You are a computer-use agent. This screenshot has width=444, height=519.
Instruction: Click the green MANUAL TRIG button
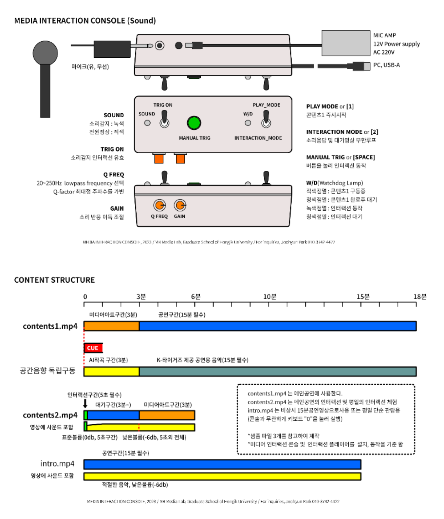(x=194, y=123)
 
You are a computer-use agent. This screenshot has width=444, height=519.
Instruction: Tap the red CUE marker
(x=93, y=348)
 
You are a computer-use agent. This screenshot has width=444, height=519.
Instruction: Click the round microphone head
(x=45, y=52)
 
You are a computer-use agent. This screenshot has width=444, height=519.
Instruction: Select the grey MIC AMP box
(x=346, y=43)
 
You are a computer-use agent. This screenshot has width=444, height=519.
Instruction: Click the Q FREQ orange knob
(x=159, y=205)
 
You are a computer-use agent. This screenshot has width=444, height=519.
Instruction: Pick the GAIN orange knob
(x=180, y=205)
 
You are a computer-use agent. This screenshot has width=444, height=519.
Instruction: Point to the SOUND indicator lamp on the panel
(x=147, y=123)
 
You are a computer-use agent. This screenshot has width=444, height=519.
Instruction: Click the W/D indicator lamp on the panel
(x=248, y=123)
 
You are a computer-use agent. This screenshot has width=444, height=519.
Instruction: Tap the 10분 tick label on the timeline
(x=270, y=297)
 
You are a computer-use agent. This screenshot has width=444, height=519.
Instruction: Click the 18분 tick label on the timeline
(x=420, y=297)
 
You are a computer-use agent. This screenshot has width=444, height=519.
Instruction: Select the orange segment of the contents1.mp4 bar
(x=111, y=326)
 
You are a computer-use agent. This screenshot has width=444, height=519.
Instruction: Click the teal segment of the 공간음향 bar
(x=278, y=372)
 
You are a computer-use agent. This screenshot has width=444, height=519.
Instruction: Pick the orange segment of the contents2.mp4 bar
(x=167, y=415)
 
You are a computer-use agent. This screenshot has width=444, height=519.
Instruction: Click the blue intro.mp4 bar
(x=222, y=464)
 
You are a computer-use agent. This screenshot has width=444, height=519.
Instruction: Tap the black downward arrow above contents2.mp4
(x=85, y=403)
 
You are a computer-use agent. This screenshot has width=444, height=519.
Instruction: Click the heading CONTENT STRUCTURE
(x=54, y=280)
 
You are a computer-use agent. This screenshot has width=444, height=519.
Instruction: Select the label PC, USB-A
(x=386, y=65)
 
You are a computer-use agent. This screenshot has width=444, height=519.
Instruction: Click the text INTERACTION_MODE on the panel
(x=258, y=138)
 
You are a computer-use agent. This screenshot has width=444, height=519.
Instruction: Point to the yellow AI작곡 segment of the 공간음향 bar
(x=111, y=372)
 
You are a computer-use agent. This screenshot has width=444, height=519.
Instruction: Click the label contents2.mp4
(x=50, y=415)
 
